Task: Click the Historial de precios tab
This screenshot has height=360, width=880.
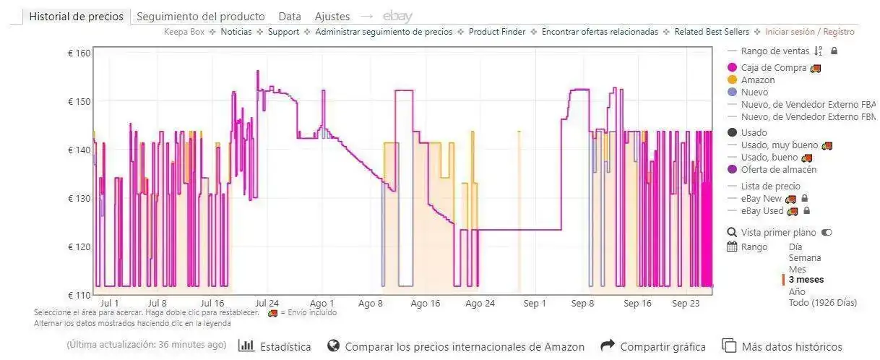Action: click(x=76, y=17)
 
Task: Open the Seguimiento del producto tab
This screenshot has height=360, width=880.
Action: click(x=200, y=17)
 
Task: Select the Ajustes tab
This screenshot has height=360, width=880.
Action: click(x=332, y=17)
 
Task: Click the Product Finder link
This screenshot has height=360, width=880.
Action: click(x=496, y=32)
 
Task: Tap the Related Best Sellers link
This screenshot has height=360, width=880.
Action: click(x=712, y=32)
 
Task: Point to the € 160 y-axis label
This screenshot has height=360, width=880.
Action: click(x=79, y=53)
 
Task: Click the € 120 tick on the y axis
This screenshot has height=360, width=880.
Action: click(x=79, y=247)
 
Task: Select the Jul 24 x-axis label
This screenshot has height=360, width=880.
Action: click(x=267, y=303)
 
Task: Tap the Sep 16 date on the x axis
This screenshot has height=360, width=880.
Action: click(x=637, y=303)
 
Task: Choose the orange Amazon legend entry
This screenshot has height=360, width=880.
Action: click(x=757, y=80)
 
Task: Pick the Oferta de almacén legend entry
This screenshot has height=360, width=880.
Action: click(x=778, y=169)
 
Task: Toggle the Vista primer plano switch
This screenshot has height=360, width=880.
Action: click(x=827, y=233)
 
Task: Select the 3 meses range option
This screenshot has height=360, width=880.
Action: click(x=806, y=280)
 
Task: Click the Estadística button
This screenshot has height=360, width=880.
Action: click(x=275, y=347)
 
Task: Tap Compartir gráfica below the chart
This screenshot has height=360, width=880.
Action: click(x=653, y=347)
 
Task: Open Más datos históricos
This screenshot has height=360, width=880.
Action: click(x=782, y=347)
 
